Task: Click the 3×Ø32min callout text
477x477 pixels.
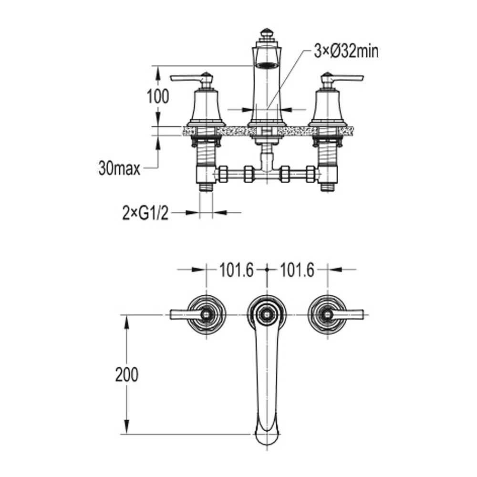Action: click(346, 51)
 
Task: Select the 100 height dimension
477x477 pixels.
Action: click(157, 96)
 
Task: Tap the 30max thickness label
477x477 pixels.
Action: click(119, 167)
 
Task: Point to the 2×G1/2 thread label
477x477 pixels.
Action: click(145, 213)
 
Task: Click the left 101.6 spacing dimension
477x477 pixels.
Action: click(236, 270)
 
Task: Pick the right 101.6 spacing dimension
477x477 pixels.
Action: click(297, 270)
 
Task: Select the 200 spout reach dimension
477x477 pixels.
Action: click(126, 374)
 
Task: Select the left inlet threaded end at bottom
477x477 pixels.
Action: click(207, 186)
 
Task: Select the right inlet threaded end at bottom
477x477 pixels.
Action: click(327, 186)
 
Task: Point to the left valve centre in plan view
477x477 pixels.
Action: click(207, 314)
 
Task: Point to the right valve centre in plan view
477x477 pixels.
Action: click(327, 314)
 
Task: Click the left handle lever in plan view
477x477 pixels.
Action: click(184, 314)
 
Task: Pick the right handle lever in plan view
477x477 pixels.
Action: click(351, 314)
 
